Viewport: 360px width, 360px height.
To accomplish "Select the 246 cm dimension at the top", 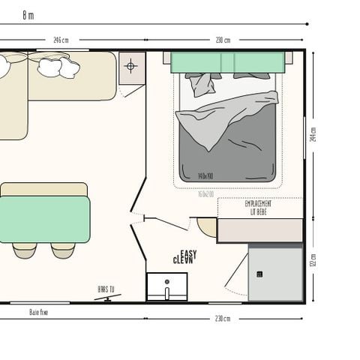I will point(61,40).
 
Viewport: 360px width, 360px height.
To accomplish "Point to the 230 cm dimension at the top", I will point(223,40).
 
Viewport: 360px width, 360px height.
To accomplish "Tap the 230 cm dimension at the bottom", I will point(223,318).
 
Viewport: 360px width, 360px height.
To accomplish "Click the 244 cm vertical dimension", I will point(313,134).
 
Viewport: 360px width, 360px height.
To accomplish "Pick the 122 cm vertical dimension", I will point(313,262).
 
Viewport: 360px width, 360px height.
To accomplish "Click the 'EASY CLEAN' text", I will point(184,257).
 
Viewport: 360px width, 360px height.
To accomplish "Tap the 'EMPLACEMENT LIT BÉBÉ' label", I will point(259,208).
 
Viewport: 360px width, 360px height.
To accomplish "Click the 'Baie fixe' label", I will point(39,311).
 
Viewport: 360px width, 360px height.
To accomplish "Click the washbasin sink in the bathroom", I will point(166,286).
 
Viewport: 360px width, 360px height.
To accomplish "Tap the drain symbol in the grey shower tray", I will point(259,274).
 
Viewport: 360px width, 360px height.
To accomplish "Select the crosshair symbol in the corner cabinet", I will point(130,67).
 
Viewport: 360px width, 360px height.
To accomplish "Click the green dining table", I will point(44,219).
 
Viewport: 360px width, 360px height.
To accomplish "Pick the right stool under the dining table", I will point(63,251).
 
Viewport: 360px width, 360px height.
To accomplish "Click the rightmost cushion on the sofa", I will point(70,69).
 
